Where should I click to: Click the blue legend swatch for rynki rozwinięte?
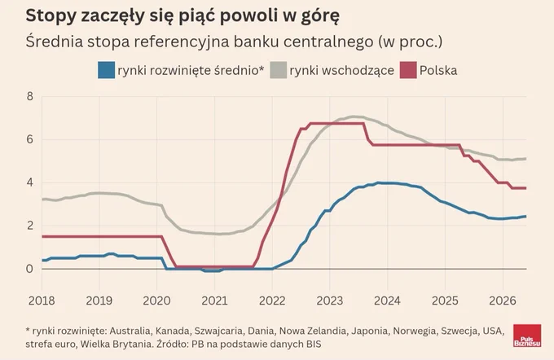pyautogui.click(x=107, y=70)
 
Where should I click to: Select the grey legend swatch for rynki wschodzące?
pyautogui.click(x=278, y=70)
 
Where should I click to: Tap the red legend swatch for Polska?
pyautogui.click(x=408, y=70)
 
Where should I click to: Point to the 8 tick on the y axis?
pyautogui.click(x=29, y=96)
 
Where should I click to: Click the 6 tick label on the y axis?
pyautogui.click(x=29, y=139)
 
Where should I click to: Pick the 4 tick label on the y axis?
pyautogui.click(x=29, y=182)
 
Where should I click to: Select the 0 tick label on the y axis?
pyautogui.click(x=29, y=269)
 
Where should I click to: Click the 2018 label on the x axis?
pyautogui.click(x=42, y=301)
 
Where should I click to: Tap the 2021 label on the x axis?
pyautogui.click(x=214, y=301)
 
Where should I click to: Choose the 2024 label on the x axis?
pyautogui.click(x=387, y=301)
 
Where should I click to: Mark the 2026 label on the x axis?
pyautogui.click(x=503, y=301)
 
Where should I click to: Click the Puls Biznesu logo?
pyautogui.click(x=527, y=336)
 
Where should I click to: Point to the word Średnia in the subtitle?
pyautogui.click(x=55, y=42)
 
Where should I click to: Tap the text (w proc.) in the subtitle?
pyautogui.click(x=411, y=42)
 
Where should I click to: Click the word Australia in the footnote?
pyautogui.click(x=130, y=331)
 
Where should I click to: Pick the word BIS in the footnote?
pyautogui.click(x=313, y=344)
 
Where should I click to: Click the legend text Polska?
pyautogui.click(x=438, y=70)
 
